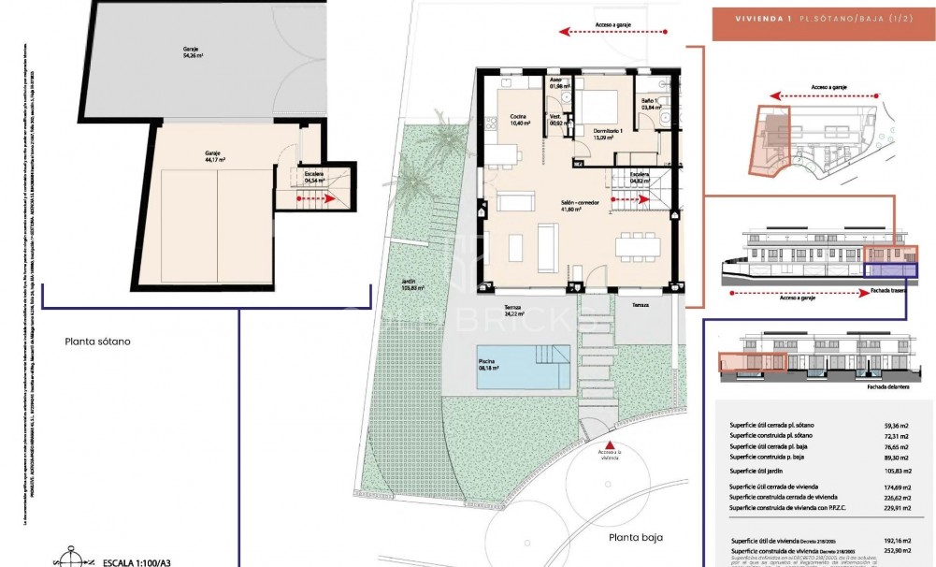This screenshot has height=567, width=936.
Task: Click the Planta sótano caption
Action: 97,342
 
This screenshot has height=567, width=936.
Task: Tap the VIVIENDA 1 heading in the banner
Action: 751,18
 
